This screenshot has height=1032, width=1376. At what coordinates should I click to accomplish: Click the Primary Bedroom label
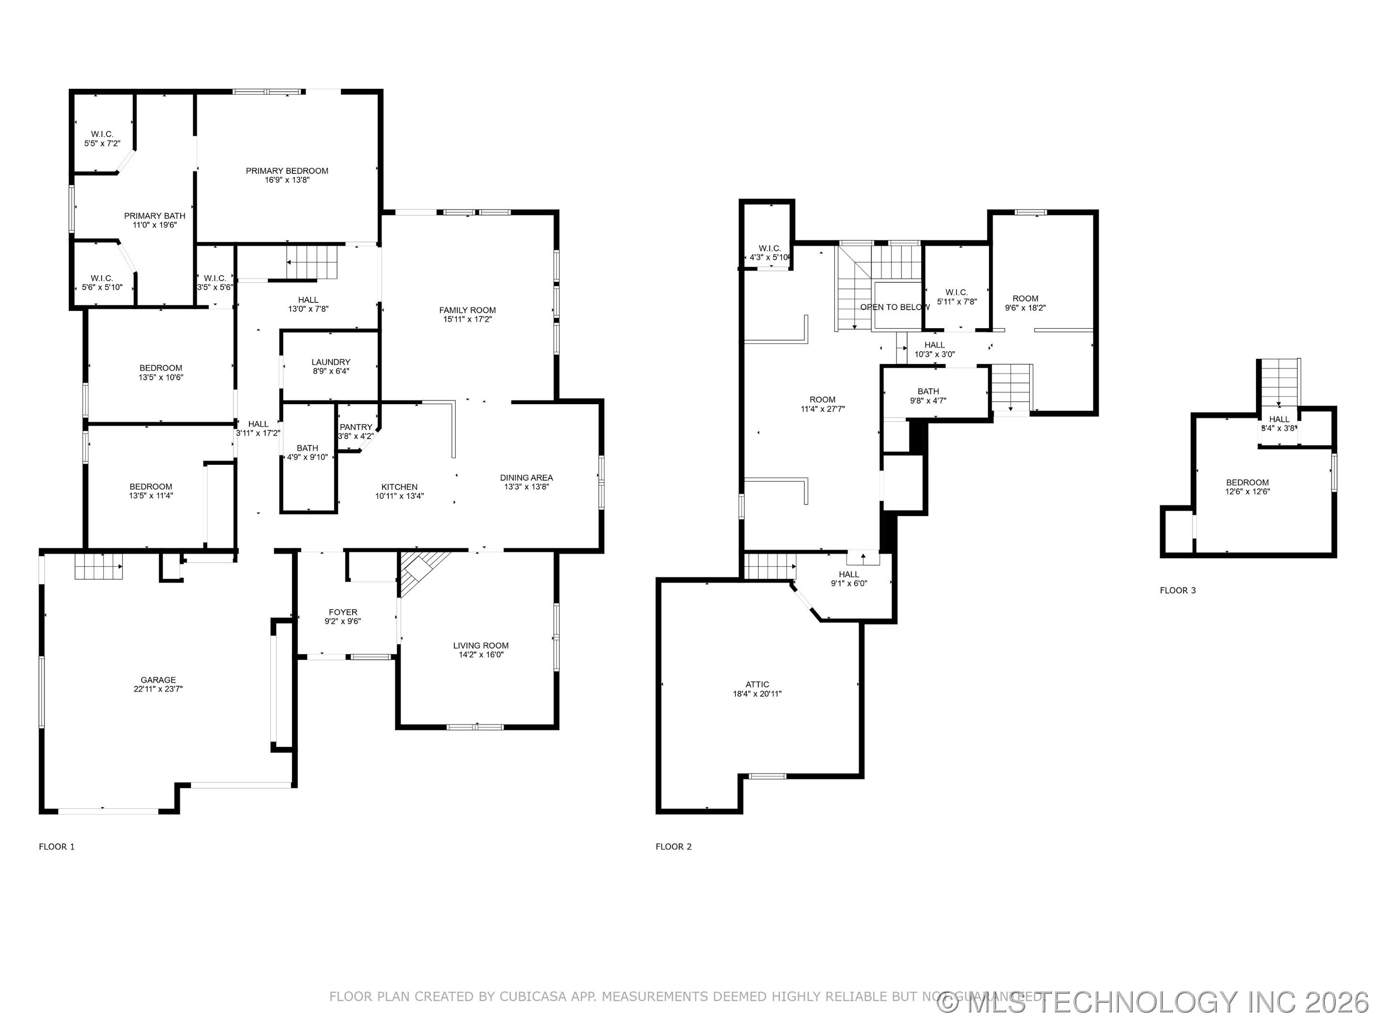point(287,171)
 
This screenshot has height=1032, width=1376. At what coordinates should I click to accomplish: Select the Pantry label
point(356,427)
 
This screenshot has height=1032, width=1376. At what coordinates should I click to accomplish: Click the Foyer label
point(343,612)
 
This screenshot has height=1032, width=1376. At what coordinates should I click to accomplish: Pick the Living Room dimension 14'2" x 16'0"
point(481,655)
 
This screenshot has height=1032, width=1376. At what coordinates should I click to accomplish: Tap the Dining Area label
point(526,478)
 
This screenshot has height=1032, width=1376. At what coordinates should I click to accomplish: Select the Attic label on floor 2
point(757,684)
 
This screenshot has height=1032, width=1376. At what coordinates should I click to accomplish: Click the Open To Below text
point(894,307)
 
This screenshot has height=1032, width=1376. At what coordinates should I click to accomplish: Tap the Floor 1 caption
point(56,847)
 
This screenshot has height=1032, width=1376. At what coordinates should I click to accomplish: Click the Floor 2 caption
point(673,847)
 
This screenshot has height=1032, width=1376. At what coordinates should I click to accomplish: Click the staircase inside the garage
point(98,566)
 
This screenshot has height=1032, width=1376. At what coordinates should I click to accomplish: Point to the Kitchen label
point(399,487)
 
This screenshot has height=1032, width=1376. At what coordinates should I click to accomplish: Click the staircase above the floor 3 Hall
point(1279,381)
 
